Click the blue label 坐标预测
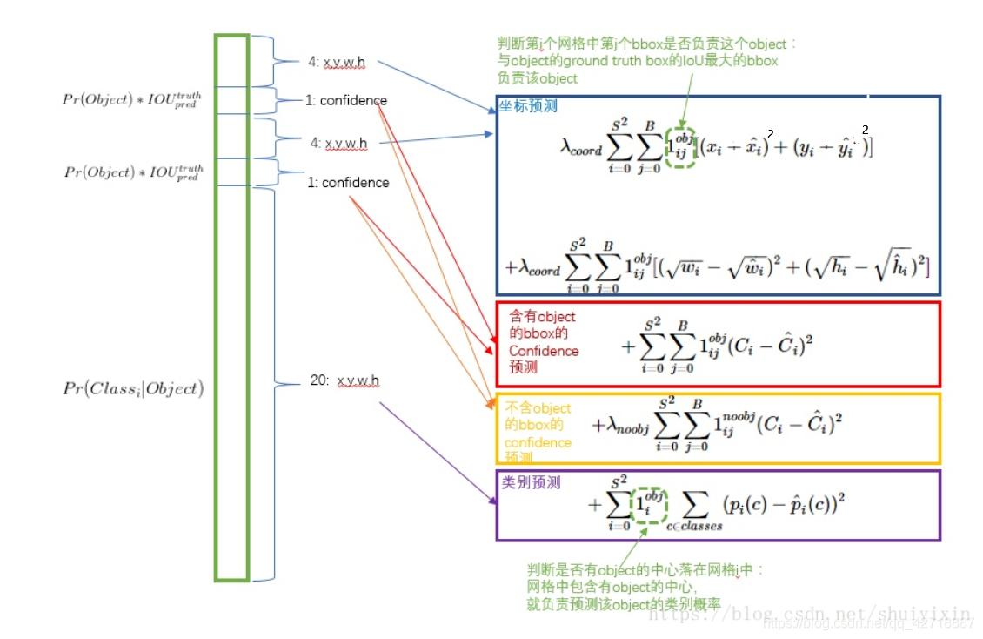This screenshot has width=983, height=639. click(x=528, y=106)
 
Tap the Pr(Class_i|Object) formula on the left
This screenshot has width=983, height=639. click(x=132, y=389)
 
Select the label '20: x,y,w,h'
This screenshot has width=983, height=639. click(x=344, y=381)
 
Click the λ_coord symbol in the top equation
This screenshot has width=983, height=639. click(x=580, y=148)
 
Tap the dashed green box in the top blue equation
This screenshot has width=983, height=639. click(x=679, y=147)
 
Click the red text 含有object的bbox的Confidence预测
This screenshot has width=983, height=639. click(x=544, y=342)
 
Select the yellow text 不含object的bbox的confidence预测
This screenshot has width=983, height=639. click(x=538, y=433)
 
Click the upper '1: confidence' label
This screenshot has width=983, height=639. click(x=345, y=100)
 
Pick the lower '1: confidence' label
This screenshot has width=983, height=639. click(x=348, y=183)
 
